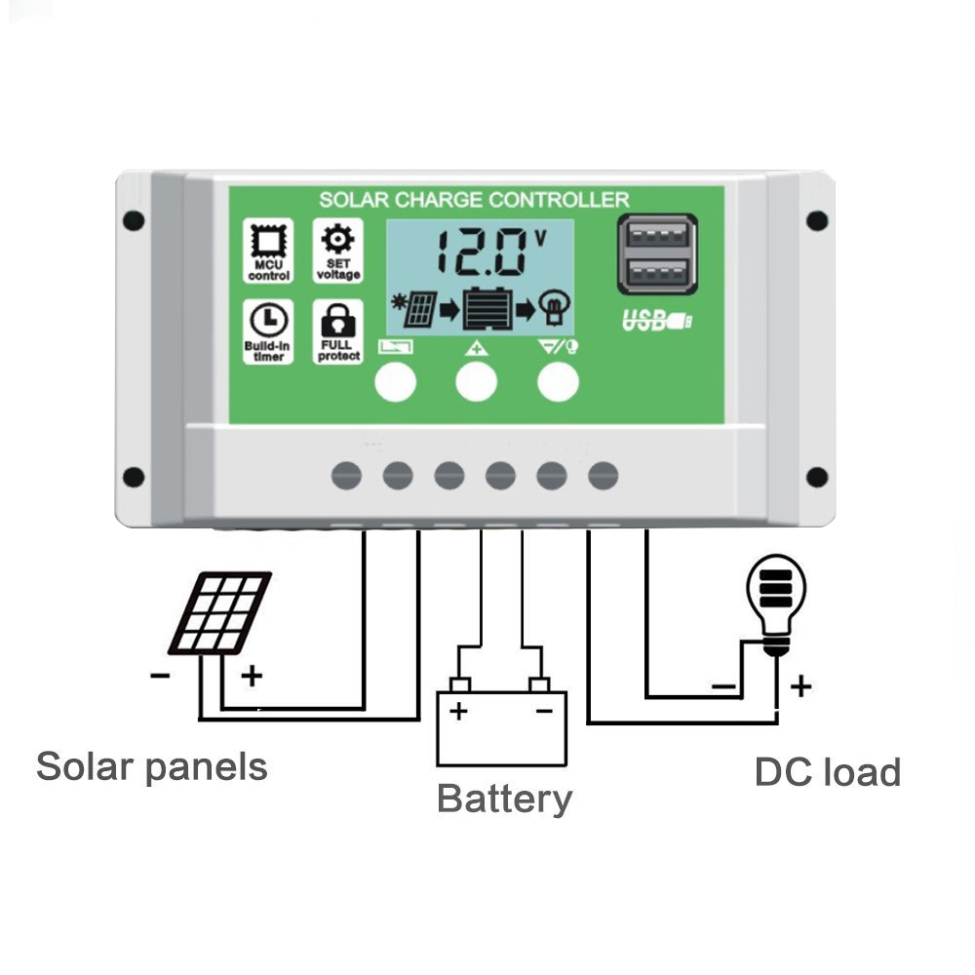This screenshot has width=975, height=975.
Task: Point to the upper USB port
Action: coord(657,237)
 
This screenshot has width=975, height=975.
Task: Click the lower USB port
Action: coord(657,274)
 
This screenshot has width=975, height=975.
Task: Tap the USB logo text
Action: coord(657,321)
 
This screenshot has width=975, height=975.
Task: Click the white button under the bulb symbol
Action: coord(558,381)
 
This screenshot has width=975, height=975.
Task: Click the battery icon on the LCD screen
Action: coord(487,308)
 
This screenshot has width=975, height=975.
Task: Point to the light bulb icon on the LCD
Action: coord(554,308)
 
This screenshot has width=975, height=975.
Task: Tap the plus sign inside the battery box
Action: coord(458,711)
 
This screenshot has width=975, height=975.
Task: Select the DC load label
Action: coord(828,772)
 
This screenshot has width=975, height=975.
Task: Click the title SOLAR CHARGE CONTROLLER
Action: coord(474,200)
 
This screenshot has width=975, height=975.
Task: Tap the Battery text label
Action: coord(504,799)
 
